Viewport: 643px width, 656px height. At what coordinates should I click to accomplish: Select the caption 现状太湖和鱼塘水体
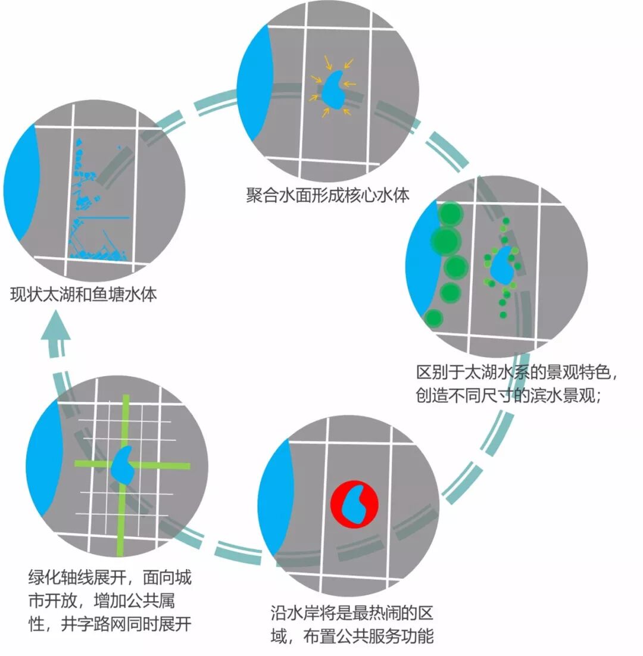(x=84, y=294)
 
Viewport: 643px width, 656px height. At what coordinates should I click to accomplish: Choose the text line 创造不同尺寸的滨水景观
(x=510, y=395)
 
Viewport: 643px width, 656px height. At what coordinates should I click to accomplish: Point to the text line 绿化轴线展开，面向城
(x=110, y=577)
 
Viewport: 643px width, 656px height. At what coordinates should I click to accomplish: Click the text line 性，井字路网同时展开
(x=110, y=624)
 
